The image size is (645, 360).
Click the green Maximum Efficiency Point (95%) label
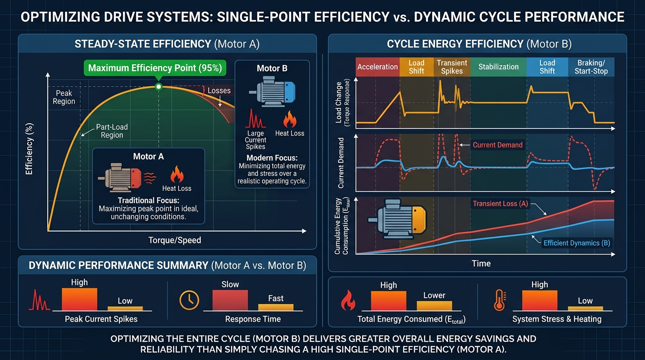155,68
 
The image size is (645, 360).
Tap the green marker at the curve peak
158,86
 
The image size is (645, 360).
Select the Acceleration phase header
377,67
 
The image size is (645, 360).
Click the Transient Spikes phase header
452,67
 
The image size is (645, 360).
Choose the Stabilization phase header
498,67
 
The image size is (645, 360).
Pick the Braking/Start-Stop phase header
591,67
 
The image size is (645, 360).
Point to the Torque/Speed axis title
174,240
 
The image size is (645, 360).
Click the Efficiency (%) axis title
29,149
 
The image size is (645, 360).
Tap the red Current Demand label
497,145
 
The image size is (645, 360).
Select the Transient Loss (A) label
501,203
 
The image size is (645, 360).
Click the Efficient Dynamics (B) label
577,243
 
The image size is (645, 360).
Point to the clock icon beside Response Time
189,300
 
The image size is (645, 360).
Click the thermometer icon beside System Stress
500,300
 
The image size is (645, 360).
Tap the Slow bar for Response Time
230,300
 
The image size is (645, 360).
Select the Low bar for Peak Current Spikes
125,308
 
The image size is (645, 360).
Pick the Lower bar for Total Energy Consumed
434,306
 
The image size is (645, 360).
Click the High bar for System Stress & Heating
540,300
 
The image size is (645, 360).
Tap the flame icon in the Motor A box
177,174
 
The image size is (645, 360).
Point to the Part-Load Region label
112,131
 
